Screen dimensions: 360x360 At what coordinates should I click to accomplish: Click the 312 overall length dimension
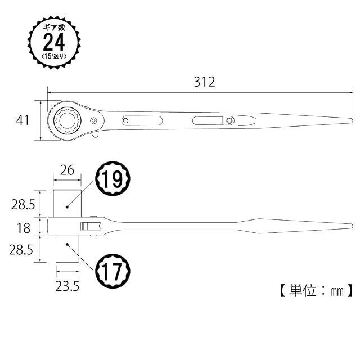pos(204,82)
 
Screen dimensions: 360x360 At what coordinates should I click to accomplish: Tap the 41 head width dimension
pos(22,120)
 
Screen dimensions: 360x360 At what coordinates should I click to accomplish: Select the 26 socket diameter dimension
pos(67,170)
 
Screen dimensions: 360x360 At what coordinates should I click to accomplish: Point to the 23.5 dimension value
pos(67,286)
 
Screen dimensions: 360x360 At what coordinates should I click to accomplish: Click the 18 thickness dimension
pos(24,228)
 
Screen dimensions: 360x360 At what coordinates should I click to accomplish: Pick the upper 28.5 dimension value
pos(23,204)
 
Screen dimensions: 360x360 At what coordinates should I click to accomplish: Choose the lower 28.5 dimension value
pos(21,250)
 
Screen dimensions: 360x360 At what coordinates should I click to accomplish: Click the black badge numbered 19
pos(112,179)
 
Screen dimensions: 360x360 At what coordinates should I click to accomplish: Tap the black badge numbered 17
pos(112,271)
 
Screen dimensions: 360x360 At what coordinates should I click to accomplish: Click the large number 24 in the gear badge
pos(54,42)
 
